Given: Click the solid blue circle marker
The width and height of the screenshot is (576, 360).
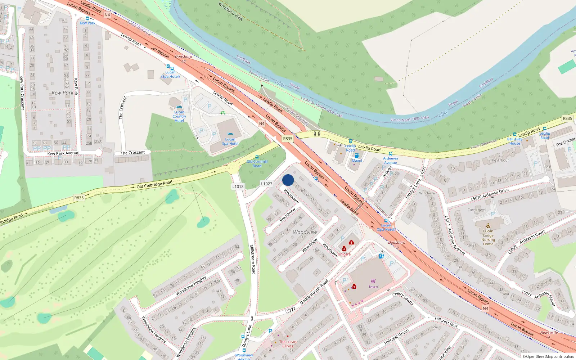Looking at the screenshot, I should pos(288,180).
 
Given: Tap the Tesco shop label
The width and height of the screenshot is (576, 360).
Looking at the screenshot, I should pos(373,287).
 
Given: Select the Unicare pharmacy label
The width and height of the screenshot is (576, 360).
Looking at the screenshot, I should pos(344,254).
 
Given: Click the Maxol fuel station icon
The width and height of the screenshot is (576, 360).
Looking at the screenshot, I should pos(357,156).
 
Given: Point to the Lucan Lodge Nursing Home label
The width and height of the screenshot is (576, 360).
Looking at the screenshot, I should pos(488,238).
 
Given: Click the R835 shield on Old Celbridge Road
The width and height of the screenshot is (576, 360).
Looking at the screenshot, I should pos(79,198).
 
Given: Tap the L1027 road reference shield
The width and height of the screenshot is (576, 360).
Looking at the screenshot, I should pos(266,184).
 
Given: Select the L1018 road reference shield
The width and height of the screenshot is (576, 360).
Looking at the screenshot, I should pos(238,186).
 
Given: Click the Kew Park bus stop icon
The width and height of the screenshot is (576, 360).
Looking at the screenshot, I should pos(87,18).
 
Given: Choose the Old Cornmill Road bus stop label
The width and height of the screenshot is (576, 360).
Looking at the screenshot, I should pos(257,164).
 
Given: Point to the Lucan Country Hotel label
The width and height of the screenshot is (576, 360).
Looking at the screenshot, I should pos(179,116).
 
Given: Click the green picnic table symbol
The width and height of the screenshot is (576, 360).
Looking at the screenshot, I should pos(223,113).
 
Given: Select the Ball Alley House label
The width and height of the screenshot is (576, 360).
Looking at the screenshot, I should pos(514,141).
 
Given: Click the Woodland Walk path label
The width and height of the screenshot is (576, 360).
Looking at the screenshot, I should pos(230,11).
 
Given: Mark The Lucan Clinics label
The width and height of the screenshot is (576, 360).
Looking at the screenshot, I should pos(288,344).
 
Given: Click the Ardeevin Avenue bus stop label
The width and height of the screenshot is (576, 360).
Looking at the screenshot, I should pos(390,161).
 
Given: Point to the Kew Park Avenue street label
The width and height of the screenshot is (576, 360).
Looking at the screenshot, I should pos(63,153).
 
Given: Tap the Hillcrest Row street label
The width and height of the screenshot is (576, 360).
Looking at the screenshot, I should pos(446,322).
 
